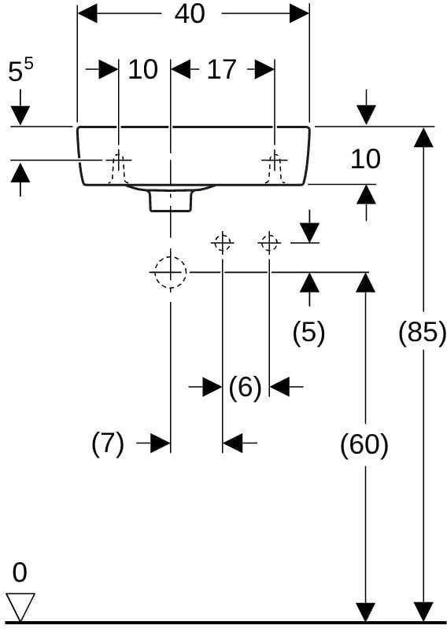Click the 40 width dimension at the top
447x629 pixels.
(x=190, y=13)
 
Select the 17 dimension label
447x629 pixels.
(x=221, y=69)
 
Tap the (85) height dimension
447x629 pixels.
(x=422, y=332)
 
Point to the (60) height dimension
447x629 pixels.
(x=364, y=445)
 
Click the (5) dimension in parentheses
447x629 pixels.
(x=308, y=333)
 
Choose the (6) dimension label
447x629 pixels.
(x=245, y=388)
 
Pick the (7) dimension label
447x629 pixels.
(x=108, y=443)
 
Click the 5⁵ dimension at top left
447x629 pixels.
(x=20, y=72)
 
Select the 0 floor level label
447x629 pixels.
(x=20, y=572)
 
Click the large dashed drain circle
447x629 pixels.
(x=171, y=272)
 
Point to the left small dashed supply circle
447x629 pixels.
(x=223, y=243)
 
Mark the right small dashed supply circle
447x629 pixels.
(x=269, y=243)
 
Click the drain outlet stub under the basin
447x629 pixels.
(x=171, y=200)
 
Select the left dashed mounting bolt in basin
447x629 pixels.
(x=118, y=168)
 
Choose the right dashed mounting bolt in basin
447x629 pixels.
(x=275, y=168)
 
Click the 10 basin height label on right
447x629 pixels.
(x=365, y=159)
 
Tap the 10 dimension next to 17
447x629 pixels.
(x=143, y=69)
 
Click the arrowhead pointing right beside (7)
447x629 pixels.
(x=161, y=443)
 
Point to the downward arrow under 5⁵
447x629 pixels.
(x=20, y=107)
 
